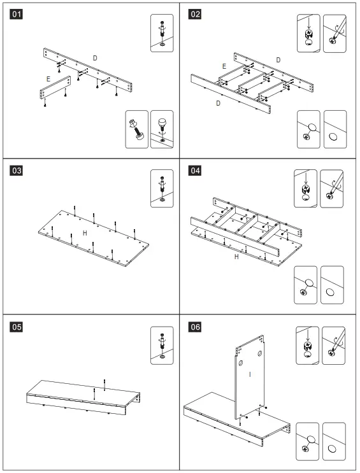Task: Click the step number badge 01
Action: [x=17, y=14]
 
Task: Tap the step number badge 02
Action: [x=195, y=14]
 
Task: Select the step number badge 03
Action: [x=17, y=171]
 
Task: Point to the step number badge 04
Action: [x=195, y=171]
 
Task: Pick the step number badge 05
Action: [x=17, y=327]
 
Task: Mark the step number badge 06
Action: [x=195, y=327]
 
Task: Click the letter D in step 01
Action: [x=95, y=58]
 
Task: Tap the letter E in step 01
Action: [x=48, y=79]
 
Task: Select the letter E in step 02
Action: [x=224, y=66]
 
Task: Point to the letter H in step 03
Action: [x=85, y=233]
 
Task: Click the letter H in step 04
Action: [x=236, y=257]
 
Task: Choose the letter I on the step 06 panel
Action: [x=250, y=374]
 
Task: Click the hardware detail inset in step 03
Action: [x=162, y=188]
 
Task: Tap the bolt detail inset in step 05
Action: [x=162, y=345]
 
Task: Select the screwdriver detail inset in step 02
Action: [x=335, y=33]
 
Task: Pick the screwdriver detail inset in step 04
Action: [x=331, y=188]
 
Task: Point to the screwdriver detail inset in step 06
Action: [x=333, y=346]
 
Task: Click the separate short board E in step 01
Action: [x=55, y=87]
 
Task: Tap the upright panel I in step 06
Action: [x=250, y=377]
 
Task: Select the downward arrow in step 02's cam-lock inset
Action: [x=308, y=24]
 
